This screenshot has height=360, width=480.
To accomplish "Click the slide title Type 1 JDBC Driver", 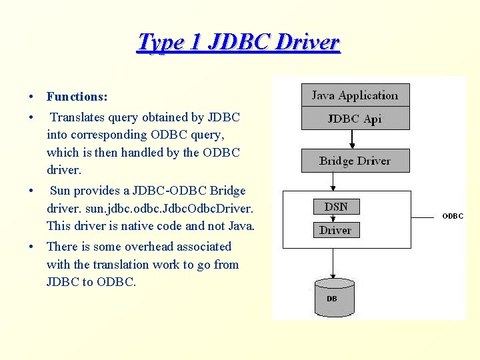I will (x=238, y=43).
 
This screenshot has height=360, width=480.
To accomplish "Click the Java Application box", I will (x=355, y=95).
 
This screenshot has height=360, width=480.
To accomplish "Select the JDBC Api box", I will (x=355, y=119).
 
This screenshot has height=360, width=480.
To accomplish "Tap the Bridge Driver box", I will (x=355, y=161).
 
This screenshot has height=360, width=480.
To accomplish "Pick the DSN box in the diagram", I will (x=336, y=207).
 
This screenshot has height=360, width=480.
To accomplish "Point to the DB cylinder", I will (x=332, y=297).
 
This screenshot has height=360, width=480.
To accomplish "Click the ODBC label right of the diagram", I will (x=453, y=216).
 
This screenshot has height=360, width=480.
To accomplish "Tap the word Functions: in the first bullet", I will (x=77, y=97).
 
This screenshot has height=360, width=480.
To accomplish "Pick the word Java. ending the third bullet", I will (x=239, y=226).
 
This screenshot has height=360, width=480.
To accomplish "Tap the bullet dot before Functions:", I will (x=32, y=97).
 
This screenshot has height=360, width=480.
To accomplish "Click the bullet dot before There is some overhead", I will (x=32, y=247).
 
